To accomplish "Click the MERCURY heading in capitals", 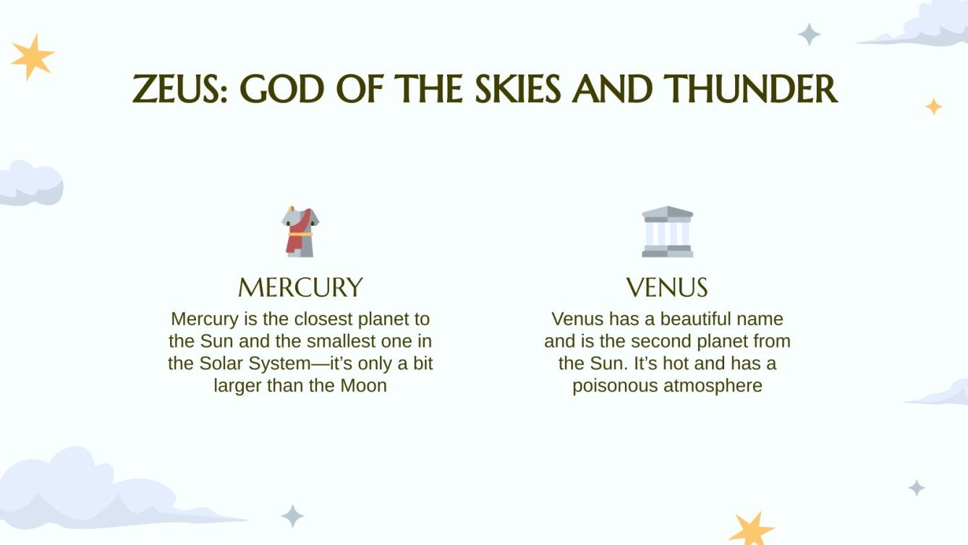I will click(300, 287).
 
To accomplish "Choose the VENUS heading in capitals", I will click(667, 287).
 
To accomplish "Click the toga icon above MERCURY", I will click(300, 231).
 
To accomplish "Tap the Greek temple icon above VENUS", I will click(667, 232).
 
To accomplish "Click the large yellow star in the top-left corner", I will click(33, 56).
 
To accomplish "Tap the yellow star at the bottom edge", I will click(751, 530).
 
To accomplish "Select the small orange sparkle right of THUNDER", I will click(934, 106).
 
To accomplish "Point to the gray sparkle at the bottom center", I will click(292, 516).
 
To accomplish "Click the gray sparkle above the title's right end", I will click(809, 34).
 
